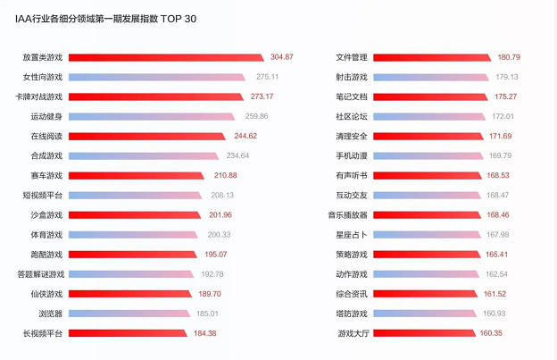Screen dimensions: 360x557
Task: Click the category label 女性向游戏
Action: point(43,77)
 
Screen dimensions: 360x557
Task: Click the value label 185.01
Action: point(207,313)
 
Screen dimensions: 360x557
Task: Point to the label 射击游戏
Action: point(352,77)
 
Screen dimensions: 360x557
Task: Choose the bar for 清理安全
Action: point(428,136)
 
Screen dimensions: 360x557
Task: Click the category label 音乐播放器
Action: point(348,214)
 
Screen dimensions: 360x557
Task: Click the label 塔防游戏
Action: point(352,313)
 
